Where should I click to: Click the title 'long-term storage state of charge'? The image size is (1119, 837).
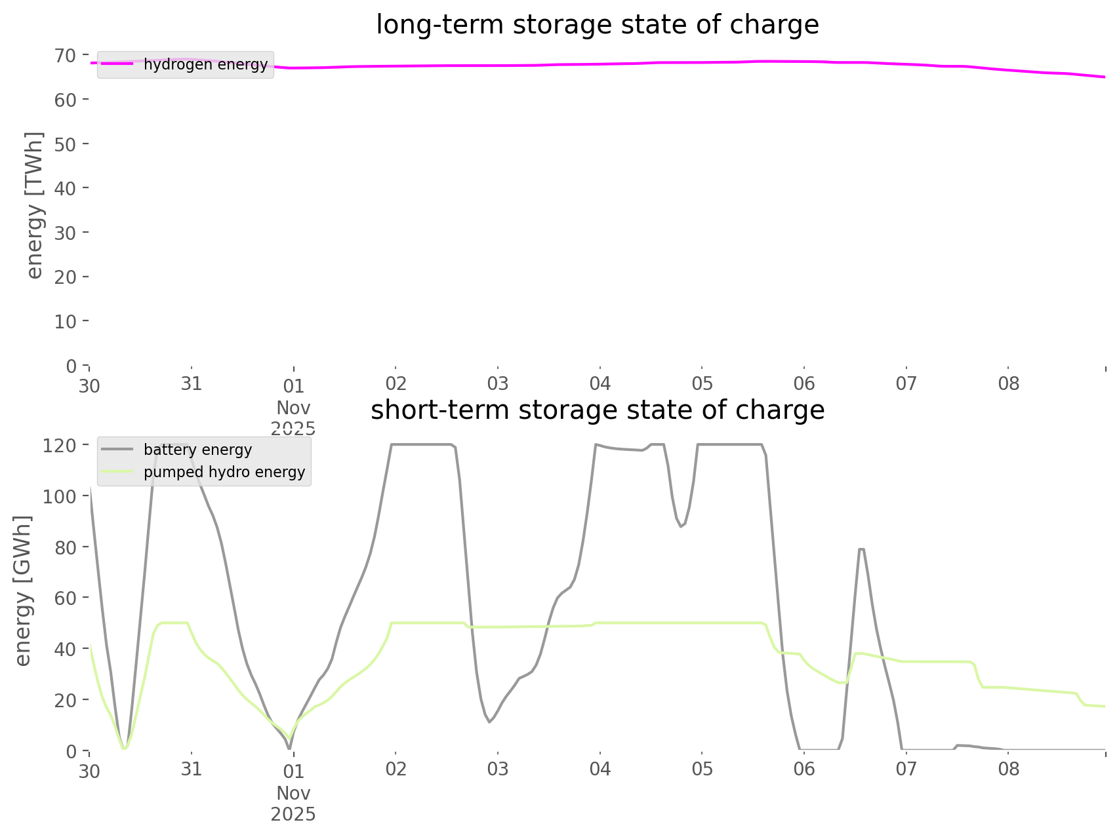597,25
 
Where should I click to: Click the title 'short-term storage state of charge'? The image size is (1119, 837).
597,410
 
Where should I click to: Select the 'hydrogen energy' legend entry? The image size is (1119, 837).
205,64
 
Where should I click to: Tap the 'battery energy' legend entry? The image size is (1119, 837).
197,450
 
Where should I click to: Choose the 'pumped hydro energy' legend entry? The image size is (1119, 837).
224,472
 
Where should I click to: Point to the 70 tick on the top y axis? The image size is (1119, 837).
66,55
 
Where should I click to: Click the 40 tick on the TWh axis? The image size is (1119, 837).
66,188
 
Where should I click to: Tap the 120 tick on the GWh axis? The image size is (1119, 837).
60,446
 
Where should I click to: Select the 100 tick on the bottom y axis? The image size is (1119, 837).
60,496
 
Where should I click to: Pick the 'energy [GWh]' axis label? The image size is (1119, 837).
23,591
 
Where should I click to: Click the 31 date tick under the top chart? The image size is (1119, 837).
192,383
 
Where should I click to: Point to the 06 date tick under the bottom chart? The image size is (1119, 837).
804,769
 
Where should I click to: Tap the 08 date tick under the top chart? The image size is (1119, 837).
1009,383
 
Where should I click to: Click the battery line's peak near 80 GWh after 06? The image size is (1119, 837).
861,549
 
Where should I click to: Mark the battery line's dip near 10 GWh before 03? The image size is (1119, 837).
489,722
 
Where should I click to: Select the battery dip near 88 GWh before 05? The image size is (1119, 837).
681,526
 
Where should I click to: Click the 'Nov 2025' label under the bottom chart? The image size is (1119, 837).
293,804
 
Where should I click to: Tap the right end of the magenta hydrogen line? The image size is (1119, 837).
1105,77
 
